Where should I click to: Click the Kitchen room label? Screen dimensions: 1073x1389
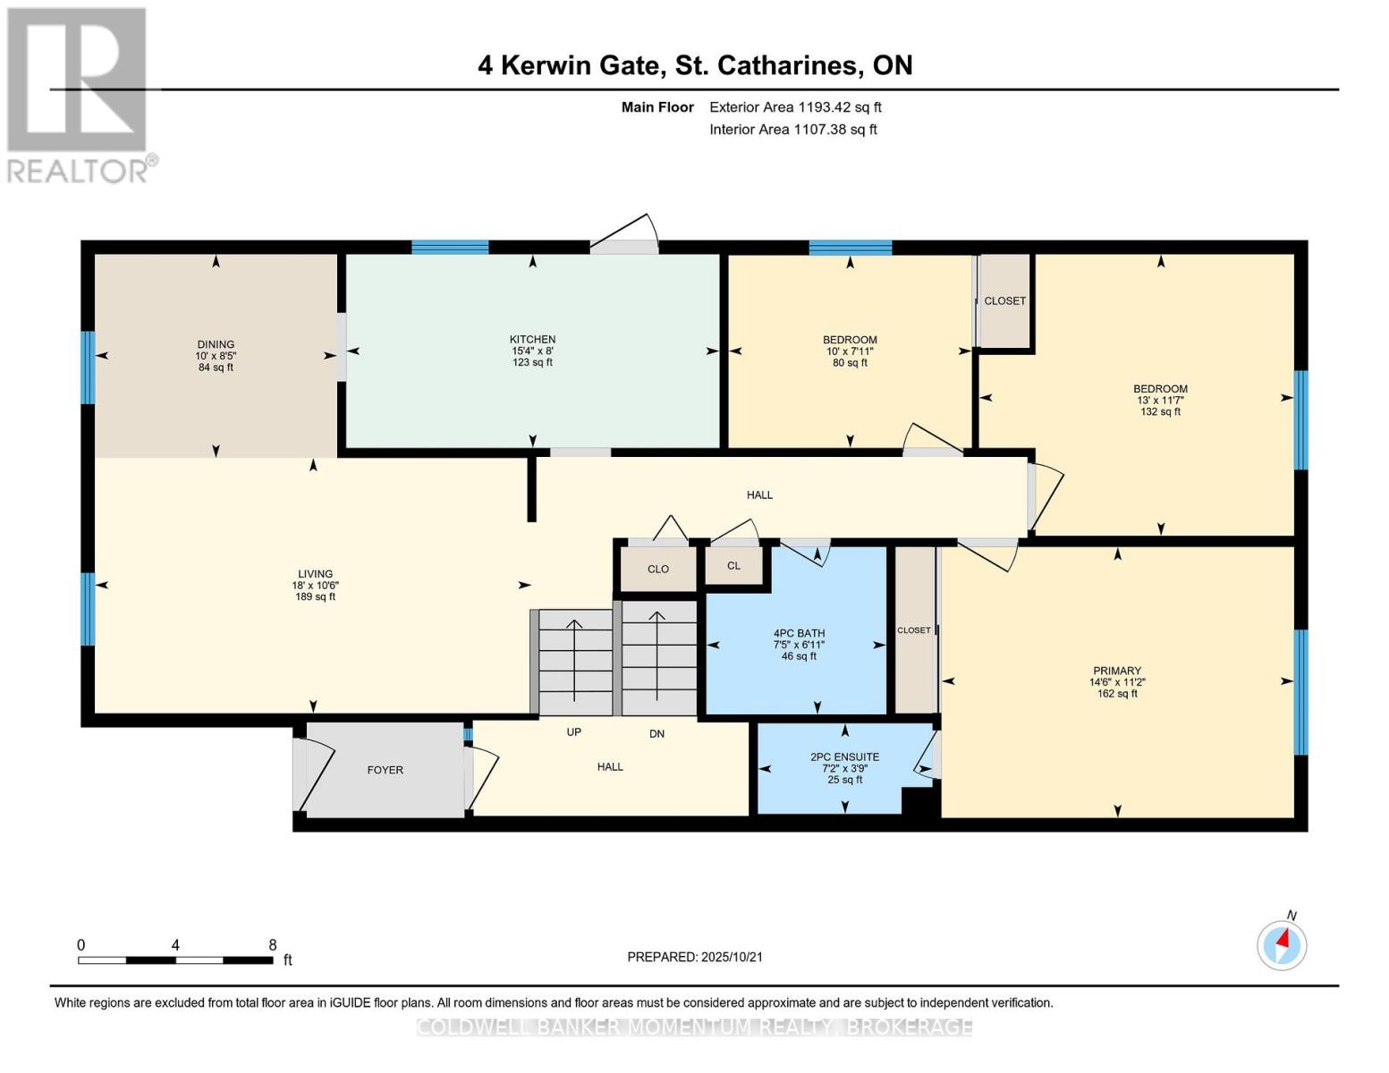coord(532,339)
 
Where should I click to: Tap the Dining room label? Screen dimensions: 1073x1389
coord(216,344)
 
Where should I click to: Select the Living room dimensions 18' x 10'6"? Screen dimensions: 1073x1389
coord(315,586)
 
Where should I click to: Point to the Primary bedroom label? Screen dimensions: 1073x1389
coord(1116,671)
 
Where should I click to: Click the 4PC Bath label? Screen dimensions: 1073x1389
coord(799,633)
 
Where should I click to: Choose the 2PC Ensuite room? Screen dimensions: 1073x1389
coord(844,757)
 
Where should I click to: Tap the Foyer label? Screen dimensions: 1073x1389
coord(385,770)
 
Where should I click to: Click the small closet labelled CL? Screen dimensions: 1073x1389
coord(733,566)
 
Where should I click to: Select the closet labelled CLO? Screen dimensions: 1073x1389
coord(657,570)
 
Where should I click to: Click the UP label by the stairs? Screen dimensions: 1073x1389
coord(574,732)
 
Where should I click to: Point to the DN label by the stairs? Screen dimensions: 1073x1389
coord(656,733)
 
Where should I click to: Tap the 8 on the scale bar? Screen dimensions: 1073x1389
coord(273,945)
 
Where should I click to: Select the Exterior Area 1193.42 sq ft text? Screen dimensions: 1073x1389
coord(795,107)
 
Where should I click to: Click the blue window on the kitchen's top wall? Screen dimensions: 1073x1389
coord(450,248)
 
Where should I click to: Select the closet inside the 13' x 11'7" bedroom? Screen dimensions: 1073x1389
coord(1004,301)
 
